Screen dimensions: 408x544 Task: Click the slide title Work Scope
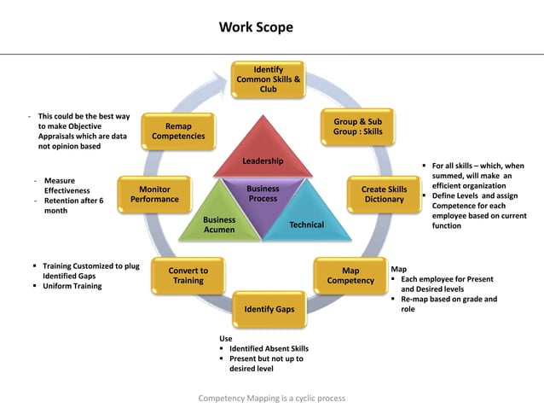(x=256, y=27)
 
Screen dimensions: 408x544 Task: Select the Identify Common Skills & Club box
(x=269, y=79)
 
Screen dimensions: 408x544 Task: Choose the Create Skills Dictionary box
(x=384, y=195)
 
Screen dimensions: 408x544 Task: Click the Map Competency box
(x=350, y=276)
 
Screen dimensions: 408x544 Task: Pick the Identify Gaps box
(x=269, y=309)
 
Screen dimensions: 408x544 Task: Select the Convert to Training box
(x=188, y=276)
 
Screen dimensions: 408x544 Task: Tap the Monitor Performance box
(x=154, y=195)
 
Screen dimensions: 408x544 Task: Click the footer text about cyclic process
(x=272, y=399)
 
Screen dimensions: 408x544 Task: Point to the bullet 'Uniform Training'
(x=72, y=286)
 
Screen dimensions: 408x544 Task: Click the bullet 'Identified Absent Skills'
(x=268, y=348)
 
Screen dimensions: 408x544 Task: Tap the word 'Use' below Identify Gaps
(x=225, y=338)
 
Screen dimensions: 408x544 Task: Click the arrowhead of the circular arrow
(x=227, y=79)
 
